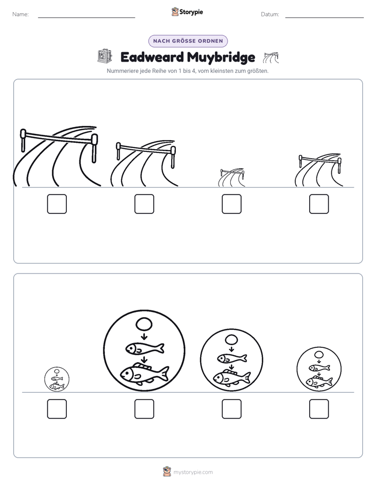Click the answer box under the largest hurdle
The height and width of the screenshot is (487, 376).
click(57, 204)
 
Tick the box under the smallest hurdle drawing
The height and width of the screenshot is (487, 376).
click(231, 204)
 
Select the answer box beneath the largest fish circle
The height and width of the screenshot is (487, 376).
click(144, 409)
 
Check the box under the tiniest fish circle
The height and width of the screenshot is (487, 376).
click(57, 409)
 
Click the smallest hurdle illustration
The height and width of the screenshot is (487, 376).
click(232, 177)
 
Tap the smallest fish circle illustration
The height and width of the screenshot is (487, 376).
click(57, 379)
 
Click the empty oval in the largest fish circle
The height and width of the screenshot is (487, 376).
click(144, 325)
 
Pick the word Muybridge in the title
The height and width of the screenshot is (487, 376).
click(221, 57)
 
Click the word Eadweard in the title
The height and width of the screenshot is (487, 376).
click(152, 57)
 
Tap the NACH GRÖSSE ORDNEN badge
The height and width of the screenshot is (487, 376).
click(188, 41)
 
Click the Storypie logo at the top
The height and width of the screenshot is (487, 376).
click(187, 12)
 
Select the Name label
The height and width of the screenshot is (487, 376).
click(21, 14)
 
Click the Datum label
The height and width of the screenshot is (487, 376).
click(270, 14)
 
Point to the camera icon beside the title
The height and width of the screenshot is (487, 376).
click(105, 56)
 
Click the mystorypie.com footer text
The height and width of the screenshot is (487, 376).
click(193, 472)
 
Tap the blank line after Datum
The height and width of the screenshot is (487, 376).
click(324, 17)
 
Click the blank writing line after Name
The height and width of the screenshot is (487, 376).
click(86, 17)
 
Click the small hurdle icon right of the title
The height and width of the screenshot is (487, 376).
click(271, 58)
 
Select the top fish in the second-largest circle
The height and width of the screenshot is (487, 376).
click(232, 358)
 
